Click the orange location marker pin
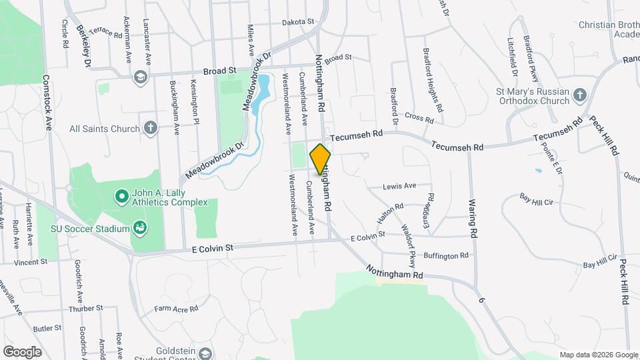(x=321, y=159)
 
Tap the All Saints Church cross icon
(x=151, y=128)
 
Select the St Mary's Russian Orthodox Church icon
(x=579, y=95)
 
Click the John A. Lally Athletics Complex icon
(x=121, y=197)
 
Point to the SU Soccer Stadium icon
(x=139, y=229)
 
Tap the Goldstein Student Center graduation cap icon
(x=205, y=354)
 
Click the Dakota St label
(x=297, y=22)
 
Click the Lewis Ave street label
(x=399, y=186)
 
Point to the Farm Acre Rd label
(x=177, y=309)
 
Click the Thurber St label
(x=87, y=309)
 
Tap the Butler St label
(x=47, y=328)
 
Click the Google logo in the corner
(x=22, y=351)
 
